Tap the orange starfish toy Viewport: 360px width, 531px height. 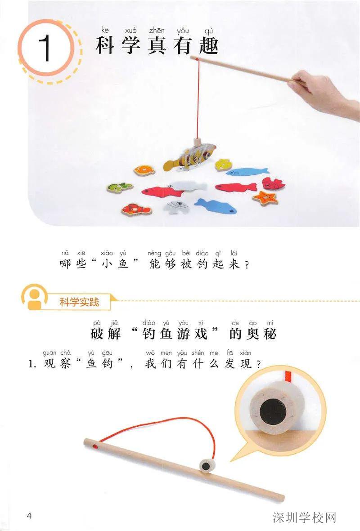pos(265,197)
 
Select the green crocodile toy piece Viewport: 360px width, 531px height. pos(119,186)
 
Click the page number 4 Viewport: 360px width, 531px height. pos(30,515)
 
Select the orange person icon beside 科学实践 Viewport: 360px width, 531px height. pos(35,297)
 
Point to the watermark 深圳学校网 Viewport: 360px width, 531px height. pos(304,518)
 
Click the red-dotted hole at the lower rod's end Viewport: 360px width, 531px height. pos(93,445)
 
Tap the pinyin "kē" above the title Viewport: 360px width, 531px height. pos(105,30)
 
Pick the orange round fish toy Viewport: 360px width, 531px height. pos(144,170)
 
